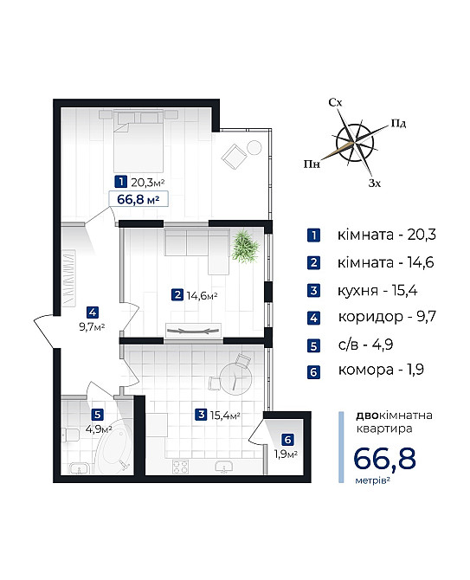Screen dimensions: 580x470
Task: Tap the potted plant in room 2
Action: click(x=246, y=246)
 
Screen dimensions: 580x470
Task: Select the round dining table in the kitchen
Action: click(x=232, y=376)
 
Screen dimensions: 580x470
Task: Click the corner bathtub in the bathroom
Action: click(x=113, y=449)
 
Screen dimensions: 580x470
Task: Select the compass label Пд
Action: click(x=399, y=124)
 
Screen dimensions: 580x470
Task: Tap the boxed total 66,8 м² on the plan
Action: click(x=138, y=199)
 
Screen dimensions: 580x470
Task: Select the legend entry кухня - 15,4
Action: click(x=377, y=288)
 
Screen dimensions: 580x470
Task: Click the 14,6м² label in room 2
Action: click(x=202, y=296)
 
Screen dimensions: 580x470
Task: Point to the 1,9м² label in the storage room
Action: click(x=287, y=454)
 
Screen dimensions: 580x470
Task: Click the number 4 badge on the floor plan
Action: click(x=92, y=313)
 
